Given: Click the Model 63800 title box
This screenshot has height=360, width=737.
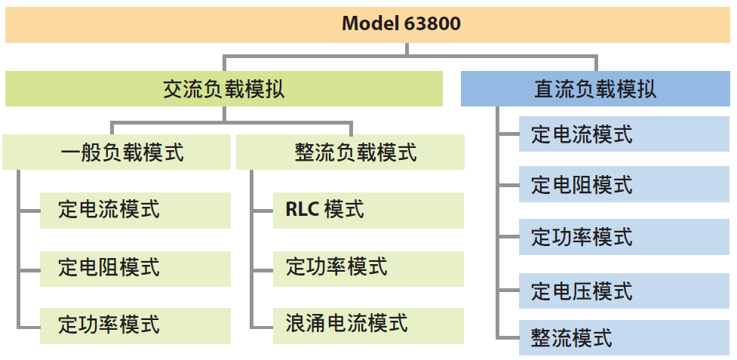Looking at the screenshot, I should pyautogui.click(x=368, y=24).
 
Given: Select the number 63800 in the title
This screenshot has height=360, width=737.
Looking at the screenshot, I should pyautogui.click(x=433, y=23).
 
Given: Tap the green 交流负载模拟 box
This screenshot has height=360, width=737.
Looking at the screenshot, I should pyautogui.click(x=224, y=89).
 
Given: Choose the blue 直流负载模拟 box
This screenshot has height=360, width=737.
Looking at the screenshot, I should pyautogui.click(x=595, y=89).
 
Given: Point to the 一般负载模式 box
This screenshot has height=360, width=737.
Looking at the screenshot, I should pyautogui.click(x=117, y=152).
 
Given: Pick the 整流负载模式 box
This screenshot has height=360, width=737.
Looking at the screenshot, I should pyautogui.click(x=350, y=152).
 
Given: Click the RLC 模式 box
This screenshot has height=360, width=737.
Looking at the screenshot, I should pyautogui.click(x=368, y=209).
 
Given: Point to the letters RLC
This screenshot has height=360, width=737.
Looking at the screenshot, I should pyautogui.click(x=302, y=209).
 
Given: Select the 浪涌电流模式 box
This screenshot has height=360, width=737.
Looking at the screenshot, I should pyautogui.click(x=368, y=325).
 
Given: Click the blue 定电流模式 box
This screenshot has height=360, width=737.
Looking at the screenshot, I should pyautogui.click(x=624, y=136).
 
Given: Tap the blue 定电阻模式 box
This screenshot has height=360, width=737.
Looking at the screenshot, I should pyautogui.click(x=624, y=185).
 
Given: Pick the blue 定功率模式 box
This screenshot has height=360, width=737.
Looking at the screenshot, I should pyautogui.click(x=624, y=237).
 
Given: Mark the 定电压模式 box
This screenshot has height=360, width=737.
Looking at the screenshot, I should pyautogui.click(x=624, y=290).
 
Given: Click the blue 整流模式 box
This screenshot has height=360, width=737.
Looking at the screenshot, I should pyautogui.click(x=624, y=337).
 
